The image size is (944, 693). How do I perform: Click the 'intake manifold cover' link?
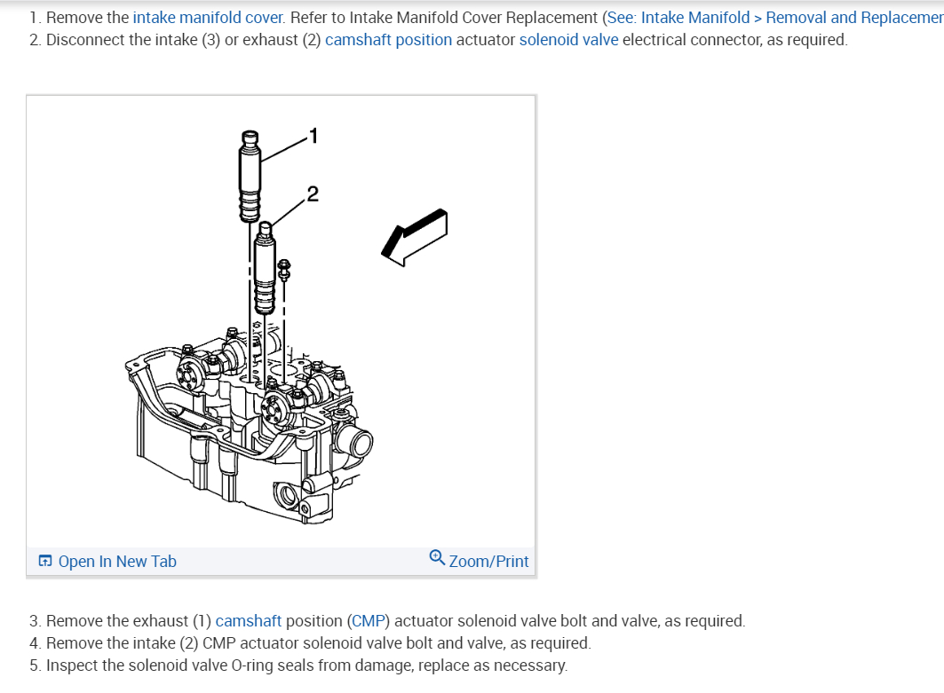pyautogui.click(x=209, y=17)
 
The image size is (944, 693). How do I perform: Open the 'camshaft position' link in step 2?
pyautogui.click(x=388, y=40)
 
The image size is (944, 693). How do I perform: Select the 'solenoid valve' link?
pyautogui.click(x=568, y=40)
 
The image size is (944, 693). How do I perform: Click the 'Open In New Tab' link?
pyautogui.click(x=116, y=561)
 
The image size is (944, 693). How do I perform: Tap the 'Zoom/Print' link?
pyautogui.click(x=488, y=561)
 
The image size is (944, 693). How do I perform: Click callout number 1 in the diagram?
pyautogui.click(x=312, y=136)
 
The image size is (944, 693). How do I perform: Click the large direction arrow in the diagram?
pyautogui.click(x=414, y=235)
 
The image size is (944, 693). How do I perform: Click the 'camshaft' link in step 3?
pyautogui.click(x=249, y=620)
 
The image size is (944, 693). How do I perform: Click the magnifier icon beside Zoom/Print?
pyautogui.click(x=437, y=557)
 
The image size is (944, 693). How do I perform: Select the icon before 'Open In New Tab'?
pyautogui.click(x=45, y=561)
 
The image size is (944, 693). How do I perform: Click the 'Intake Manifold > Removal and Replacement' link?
pyautogui.click(x=792, y=17)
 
